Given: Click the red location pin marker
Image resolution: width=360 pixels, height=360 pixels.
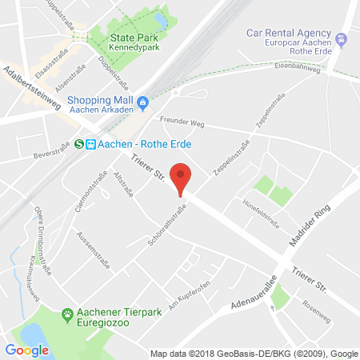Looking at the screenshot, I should click(x=182, y=178).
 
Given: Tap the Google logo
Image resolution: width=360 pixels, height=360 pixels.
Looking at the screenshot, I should click(x=26, y=350).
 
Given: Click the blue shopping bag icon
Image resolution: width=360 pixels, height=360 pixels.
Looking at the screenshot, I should click(x=143, y=102).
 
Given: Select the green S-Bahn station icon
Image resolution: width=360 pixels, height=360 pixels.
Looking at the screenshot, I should click(x=79, y=144).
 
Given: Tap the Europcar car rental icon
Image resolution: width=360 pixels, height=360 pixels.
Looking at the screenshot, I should click(x=342, y=39).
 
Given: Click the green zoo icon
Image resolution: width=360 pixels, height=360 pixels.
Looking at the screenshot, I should click(x=69, y=314).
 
